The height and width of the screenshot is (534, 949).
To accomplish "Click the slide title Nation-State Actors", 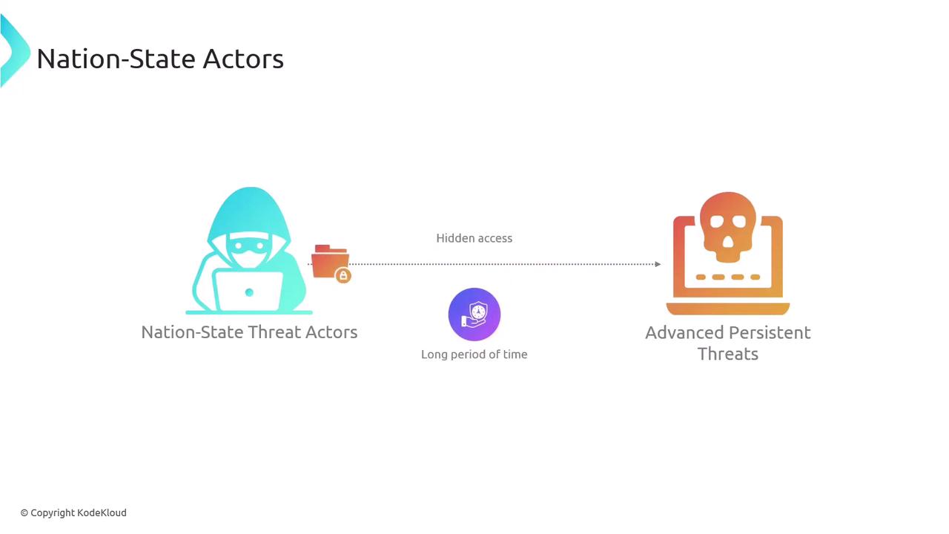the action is (x=160, y=59).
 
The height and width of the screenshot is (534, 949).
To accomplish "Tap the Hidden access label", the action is (x=474, y=238).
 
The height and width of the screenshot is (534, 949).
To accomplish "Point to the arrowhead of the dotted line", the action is (x=658, y=264).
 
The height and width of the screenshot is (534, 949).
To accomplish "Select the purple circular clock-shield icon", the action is (x=474, y=314).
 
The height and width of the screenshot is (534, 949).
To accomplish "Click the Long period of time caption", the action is (x=474, y=355).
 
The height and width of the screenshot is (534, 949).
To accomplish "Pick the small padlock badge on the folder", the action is (x=343, y=276).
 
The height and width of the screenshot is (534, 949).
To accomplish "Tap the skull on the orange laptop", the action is (x=727, y=227).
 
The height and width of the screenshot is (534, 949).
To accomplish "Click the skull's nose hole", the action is (x=727, y=243).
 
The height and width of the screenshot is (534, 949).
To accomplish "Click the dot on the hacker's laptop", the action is (x=249, y=292).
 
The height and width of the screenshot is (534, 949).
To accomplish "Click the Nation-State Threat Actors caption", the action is (x=249, y=332).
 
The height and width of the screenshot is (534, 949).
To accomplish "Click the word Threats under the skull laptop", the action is (x=728, y=354).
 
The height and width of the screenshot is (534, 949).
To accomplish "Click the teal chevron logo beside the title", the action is (x=14, y=51).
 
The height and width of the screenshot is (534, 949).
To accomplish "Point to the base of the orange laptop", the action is (x=728, y=309).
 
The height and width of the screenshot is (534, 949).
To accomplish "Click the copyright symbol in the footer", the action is (x=24, y=513).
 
